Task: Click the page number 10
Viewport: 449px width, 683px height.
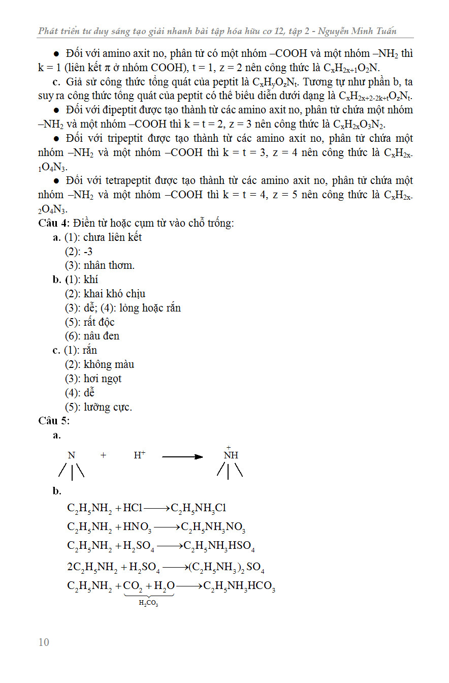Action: (x=44, y=642)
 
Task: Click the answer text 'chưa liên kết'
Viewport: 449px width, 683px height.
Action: (x=112, y=237)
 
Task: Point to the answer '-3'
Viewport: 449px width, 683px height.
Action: (x=88, y=252)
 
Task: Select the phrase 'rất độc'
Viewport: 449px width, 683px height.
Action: (x=99, y=322)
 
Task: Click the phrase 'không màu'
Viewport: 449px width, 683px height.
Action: (x=109, y=364)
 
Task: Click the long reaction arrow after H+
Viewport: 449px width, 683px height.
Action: (x=182, y=456)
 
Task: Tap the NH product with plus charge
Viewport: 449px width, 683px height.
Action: (x=231, y=455)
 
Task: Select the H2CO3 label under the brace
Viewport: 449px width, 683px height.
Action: (x=149, y=603)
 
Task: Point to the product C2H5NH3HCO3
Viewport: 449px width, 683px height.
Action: (x=239, y=586)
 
